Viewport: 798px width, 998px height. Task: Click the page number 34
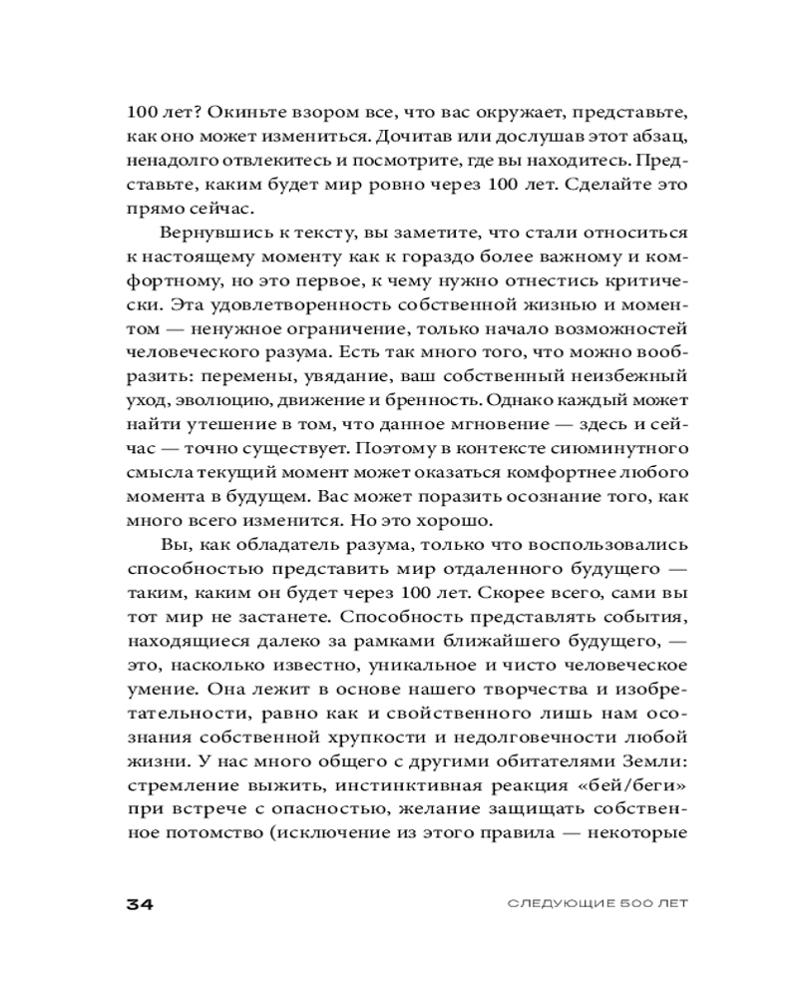[x=137, y=904]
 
